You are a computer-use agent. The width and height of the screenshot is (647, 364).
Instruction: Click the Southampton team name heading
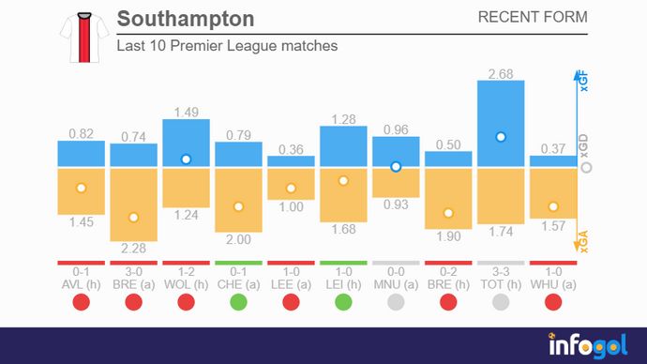(x=185, y=19)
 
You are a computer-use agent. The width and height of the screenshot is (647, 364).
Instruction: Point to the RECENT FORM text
(x=533, y=18)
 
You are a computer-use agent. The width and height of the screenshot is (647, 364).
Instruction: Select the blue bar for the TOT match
(x=501, y=124)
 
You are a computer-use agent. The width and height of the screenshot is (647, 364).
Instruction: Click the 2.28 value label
(x=133, y=249)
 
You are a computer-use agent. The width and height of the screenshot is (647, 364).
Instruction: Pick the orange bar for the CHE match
(x=238, y=199)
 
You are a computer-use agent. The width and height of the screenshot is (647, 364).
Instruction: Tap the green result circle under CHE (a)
(x=238, y=302)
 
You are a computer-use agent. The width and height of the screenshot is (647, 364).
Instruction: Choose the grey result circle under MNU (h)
(x=396, y=302)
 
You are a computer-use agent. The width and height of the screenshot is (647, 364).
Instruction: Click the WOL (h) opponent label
(x=186, y=283)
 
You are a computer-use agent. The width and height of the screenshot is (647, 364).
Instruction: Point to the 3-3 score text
(x=501, y=271)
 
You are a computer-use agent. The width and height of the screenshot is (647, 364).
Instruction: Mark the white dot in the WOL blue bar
(x=186, y=159)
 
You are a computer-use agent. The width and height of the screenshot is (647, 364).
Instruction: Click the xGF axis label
(x=583, y=83)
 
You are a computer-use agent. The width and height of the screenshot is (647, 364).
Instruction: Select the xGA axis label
(x=583, y=244)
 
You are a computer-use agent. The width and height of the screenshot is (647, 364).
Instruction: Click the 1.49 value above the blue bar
(x=186, y=113)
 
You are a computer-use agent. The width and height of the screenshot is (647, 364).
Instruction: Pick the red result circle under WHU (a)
(x=553, y=302)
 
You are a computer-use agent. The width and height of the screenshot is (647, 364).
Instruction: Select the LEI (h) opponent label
(x=343, y=283)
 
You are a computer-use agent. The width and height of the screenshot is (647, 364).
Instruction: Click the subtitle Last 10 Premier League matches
(x=226, y=45)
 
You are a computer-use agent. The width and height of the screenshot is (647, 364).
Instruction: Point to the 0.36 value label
(x=291, y=149)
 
